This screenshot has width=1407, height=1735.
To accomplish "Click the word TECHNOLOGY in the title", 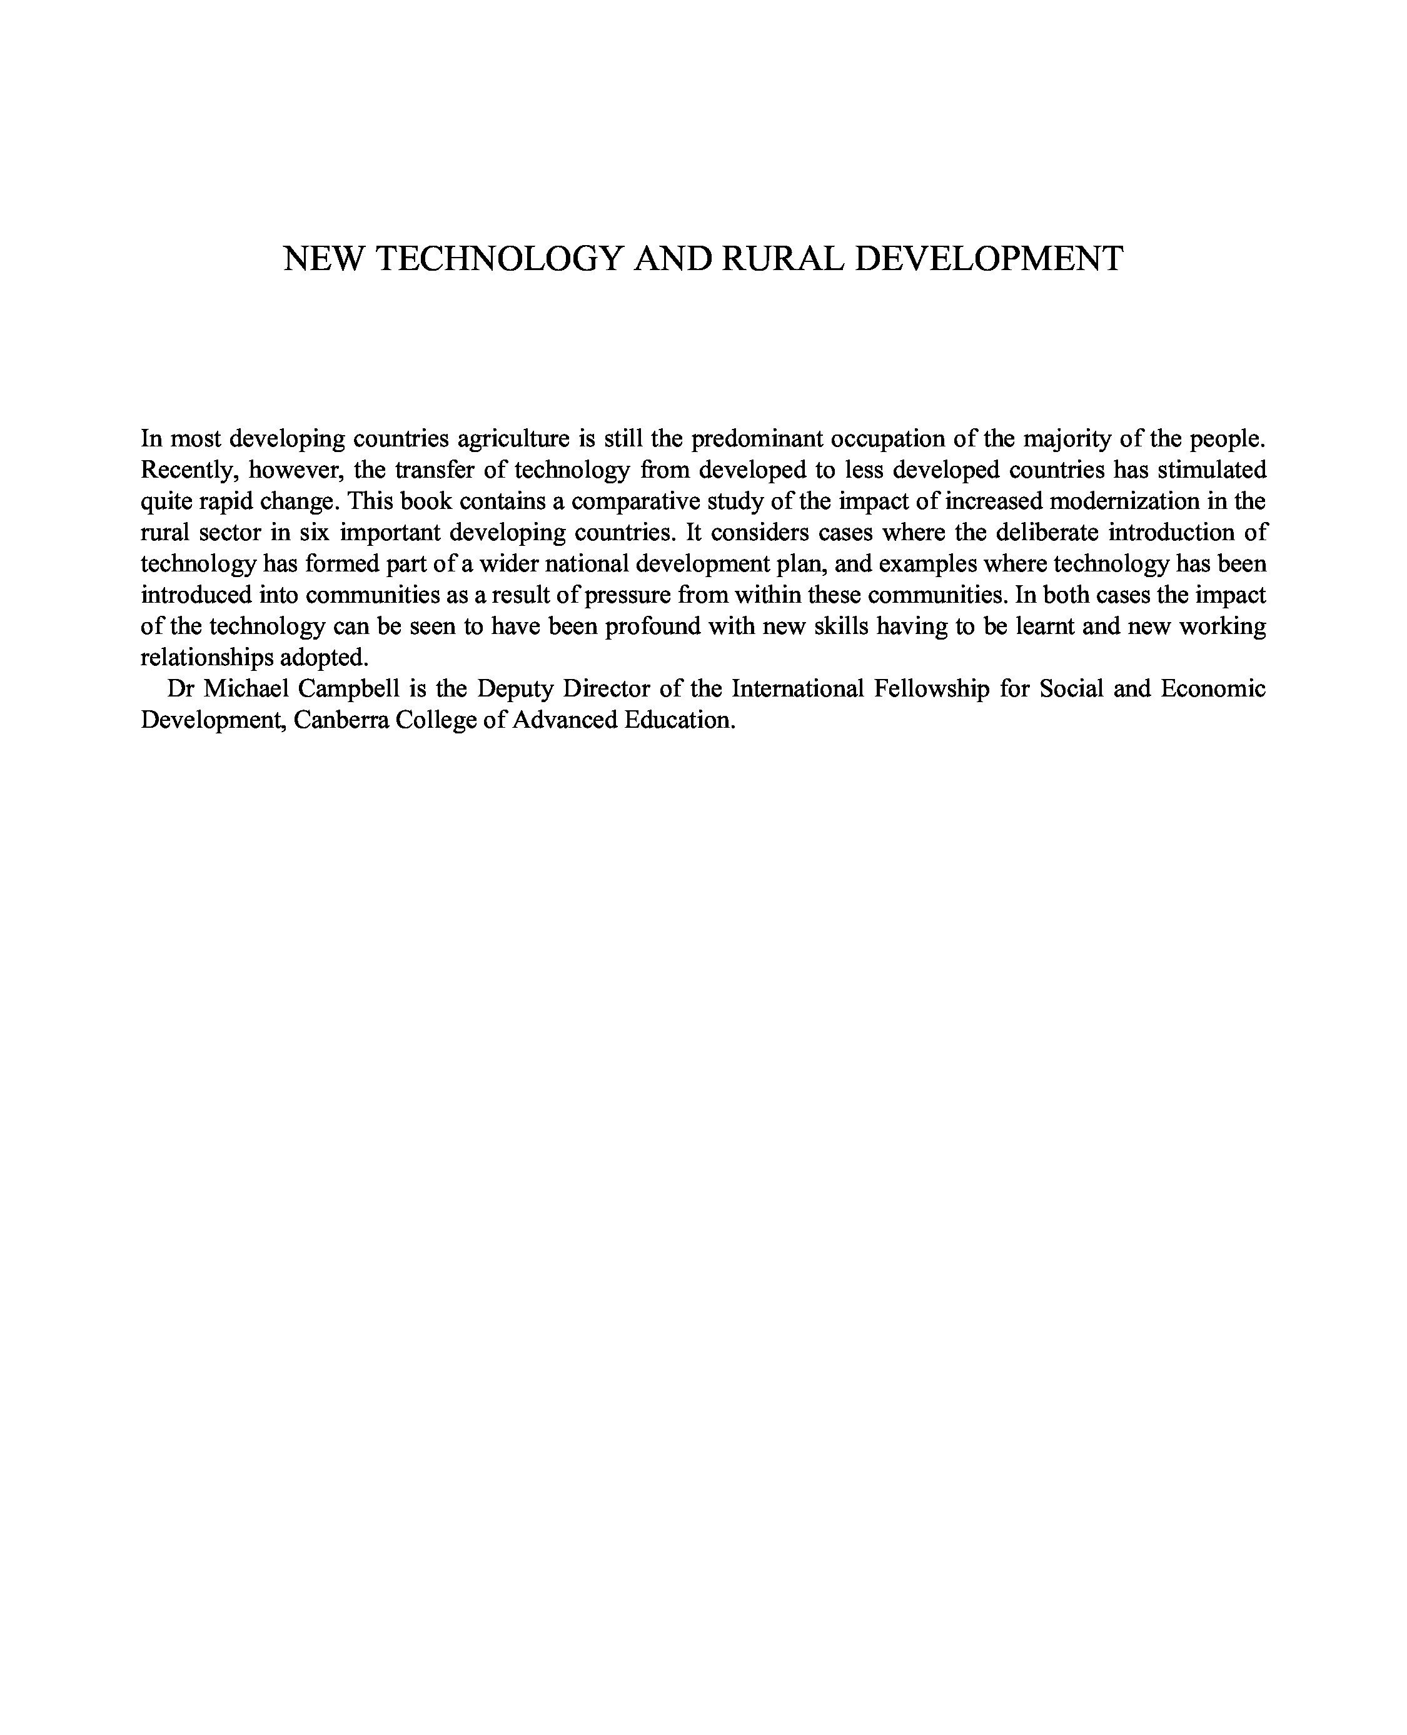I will click(500, 258).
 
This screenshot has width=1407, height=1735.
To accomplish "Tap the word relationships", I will click(207, 658).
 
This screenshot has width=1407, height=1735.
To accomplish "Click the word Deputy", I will click(515, 690).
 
